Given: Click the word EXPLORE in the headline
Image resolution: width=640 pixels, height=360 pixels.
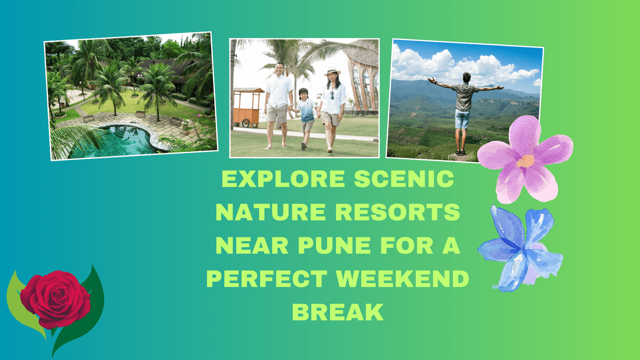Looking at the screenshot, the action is tap(283, 179).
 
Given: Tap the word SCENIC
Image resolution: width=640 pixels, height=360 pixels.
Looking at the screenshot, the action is tap(404, 179).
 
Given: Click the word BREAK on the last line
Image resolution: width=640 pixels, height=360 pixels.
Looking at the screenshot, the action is tap(338, 312).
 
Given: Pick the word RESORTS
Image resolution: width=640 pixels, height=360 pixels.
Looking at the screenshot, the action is tap(398, 212).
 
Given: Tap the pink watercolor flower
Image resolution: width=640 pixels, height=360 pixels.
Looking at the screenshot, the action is tap(525, 160).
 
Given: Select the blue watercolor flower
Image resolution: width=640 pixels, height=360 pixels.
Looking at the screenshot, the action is tap(520, 248).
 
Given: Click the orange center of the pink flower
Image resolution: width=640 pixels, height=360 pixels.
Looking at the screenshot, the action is tap(525, 161).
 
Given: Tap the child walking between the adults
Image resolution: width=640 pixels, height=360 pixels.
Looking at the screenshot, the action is tap(306, 118).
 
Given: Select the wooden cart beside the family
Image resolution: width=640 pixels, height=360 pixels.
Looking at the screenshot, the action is tap(248, 108).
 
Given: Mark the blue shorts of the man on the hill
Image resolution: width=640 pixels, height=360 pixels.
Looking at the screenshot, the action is tap(462, 119).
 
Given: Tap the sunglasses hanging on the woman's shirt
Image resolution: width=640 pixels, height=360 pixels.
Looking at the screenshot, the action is tap(332, 95).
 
